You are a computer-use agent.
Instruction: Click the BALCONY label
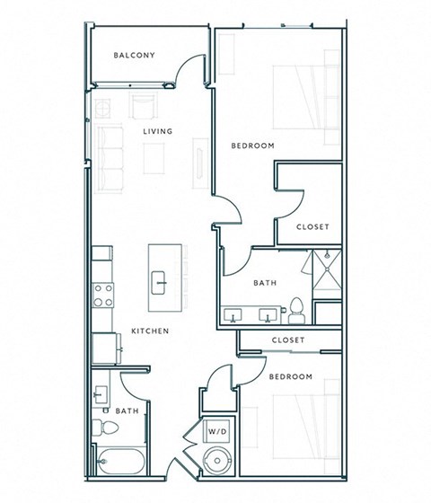point(134,56)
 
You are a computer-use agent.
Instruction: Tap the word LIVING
point(157,132)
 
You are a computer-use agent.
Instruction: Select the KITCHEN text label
point(150,331)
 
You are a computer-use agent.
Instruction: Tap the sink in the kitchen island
point(161,280)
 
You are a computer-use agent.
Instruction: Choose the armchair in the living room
point(142,107)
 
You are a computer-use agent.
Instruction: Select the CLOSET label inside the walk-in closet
point(312,226)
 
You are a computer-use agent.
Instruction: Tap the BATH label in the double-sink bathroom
point(264,283)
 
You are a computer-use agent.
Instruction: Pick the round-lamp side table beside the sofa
point(103,110)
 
